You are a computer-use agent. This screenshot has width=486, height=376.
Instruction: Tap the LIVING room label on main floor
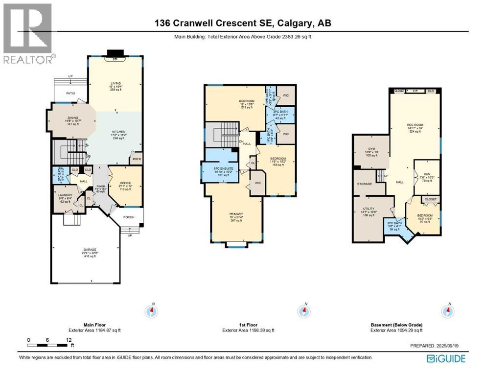coord(116,83)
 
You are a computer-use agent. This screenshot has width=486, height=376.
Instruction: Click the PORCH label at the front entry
coord(129,217)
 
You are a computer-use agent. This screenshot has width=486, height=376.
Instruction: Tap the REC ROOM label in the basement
coord(415,125)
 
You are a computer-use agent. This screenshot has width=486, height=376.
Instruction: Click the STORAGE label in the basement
coord(365,184)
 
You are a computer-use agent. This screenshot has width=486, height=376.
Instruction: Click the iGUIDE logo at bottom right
coord(446,359)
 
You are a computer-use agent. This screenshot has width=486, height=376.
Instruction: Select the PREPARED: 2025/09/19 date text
coord(437,346)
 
